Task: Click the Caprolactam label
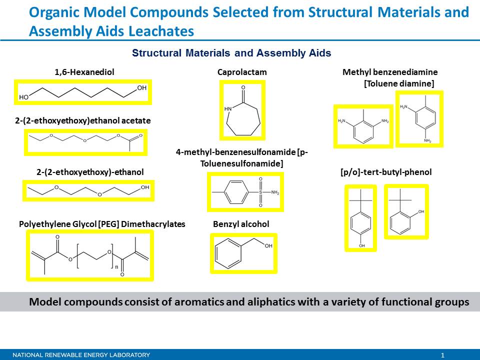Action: pyautogui.click(x=242, y=72)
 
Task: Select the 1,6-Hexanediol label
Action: pyautogui.click(x=84, y=72)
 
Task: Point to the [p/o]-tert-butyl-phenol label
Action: pyautogui.click(x=385, y=172)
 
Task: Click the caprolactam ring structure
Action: pyautogui.click(x=242, y=110)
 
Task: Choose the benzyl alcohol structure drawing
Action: pyautogui.click(x=243, y=253)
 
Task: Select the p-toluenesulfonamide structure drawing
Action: pyautogui.click(x=245, y=192)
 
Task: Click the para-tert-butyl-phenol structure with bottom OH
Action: pyautogui.click(x=361, y=218)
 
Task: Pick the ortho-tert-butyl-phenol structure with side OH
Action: pyautogui.click(x=406, y=211)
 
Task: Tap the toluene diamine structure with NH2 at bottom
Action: pyautogui.click(x=419, y=118)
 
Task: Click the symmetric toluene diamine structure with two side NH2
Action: pyautogui.click(x=363, y=126)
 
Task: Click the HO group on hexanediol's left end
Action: pyautogui.click(x=24, y=97)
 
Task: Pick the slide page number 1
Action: pyautogui.click(x=442, y=355)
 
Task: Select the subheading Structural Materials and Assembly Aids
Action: pyautogui.click(x=231, y=52)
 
